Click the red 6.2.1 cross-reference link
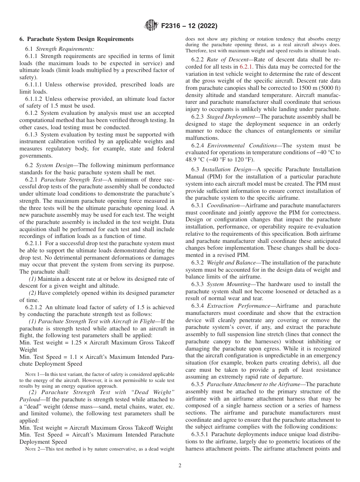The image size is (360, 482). [x=247, y=67]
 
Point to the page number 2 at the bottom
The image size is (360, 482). [x=180, y=466]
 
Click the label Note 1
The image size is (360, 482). [x=33, y=374]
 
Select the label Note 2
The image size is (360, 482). [x=33, y=449]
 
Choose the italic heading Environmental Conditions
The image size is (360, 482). [x=243, y=146]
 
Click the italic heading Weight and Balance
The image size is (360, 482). [x=232, y=262]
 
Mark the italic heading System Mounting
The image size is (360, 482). [x=230, y=284]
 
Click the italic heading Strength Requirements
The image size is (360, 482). [x=65, y=49]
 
